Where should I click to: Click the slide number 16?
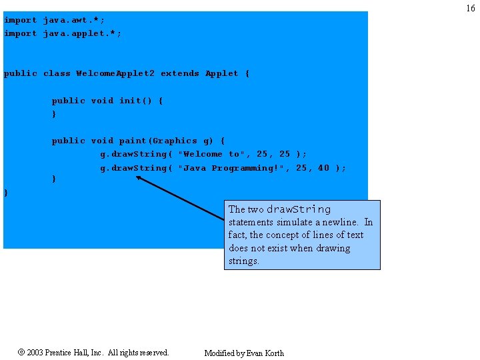coord(471,9)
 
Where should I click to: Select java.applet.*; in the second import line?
coord(82,33)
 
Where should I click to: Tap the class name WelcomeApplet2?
coord(115,73)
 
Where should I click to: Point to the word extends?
coord(179,73)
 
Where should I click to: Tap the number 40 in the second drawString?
coord(323,168)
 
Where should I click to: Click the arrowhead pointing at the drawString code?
coord(139,178)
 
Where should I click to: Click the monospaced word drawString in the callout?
coord(299,209)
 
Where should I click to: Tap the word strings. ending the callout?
coord(244,261)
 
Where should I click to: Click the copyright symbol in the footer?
coord(21,352)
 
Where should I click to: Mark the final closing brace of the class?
coord(6,193)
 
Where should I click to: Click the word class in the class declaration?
coord(57,73)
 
